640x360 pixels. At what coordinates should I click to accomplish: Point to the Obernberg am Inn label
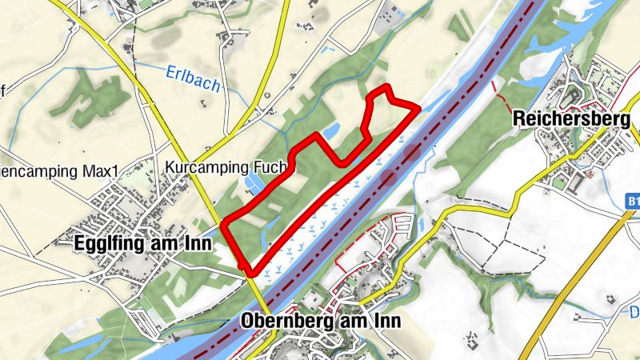(319, 321)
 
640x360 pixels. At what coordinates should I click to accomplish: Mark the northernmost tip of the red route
(386, 86)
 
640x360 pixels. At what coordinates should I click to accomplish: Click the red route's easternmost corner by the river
(418, 107)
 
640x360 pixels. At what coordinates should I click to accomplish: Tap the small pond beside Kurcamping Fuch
(255, 186)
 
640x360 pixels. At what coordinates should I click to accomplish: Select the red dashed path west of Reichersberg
(501, 94)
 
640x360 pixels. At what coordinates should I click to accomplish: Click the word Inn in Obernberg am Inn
(386, 321)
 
